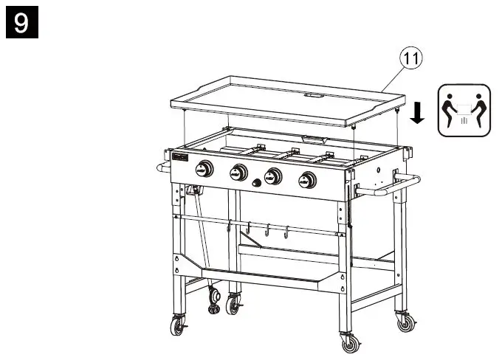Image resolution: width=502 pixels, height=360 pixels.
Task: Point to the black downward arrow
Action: coord(417,113)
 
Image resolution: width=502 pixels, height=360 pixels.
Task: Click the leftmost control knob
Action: coord(204,170)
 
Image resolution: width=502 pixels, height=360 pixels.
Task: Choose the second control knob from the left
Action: coord(238,173)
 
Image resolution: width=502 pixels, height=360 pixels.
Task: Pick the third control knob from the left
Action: coord(273,176)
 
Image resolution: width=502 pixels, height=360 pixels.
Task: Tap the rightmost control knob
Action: coord(306,179)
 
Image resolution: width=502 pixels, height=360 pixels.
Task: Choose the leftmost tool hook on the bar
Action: coord(230,224)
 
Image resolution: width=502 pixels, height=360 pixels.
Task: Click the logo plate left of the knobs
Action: coord(180,159)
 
